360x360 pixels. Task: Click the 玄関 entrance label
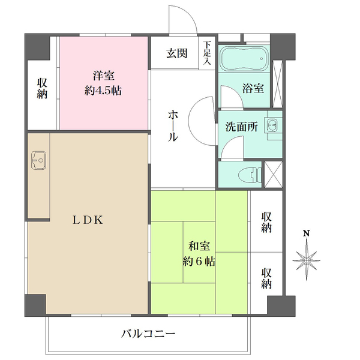click(177, 53)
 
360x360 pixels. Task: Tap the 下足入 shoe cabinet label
click(208, 53)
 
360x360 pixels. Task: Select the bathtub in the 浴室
click(243, 59)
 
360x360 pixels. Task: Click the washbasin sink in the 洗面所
click(272, 126)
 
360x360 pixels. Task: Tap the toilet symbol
click(247, 175)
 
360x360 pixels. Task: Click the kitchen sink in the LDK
click(38, 160)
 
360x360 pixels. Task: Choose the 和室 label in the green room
click(199, 246)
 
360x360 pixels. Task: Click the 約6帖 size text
click(199, 262)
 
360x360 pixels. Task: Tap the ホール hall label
click(172, 124)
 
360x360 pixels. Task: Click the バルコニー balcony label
click(148, 333)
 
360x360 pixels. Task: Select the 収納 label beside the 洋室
click(42, 89)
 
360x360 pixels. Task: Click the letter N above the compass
click(306, 233)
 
